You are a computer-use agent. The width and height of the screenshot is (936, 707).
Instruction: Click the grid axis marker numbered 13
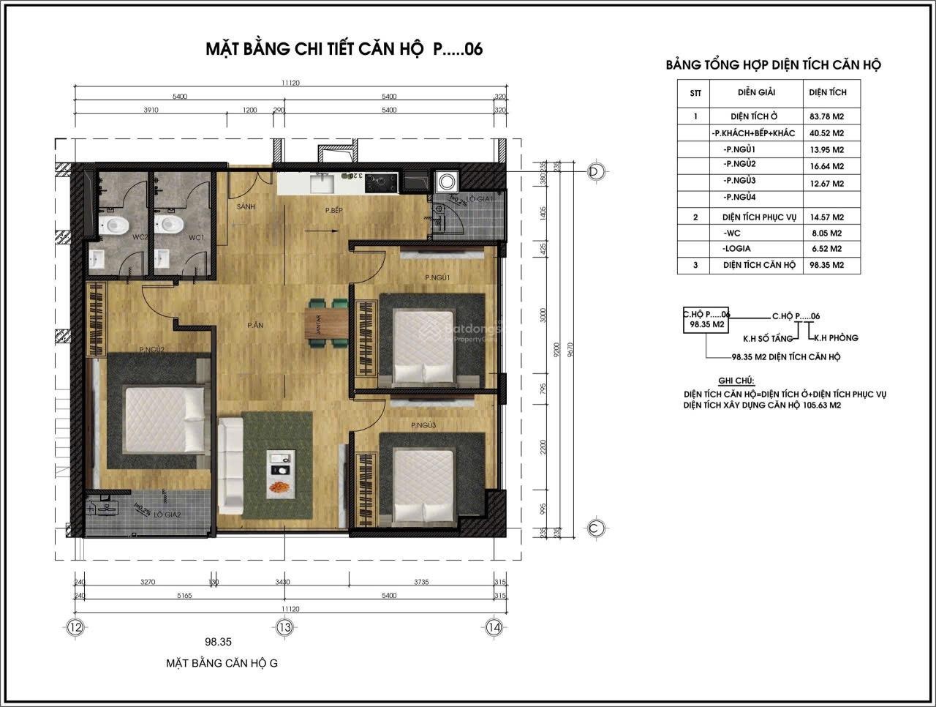click(x=284, y=627)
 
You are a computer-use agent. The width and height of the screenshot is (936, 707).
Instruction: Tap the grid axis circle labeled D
click(x=597, y=171)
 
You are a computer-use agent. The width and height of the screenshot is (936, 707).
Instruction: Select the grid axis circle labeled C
click(x=596, y=528)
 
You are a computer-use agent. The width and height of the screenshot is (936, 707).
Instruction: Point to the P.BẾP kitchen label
click(x=334, y=211)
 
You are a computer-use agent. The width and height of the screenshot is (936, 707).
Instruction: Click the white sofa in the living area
click(x=230, y=465)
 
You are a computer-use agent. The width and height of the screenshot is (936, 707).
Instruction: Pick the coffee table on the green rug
click(x=280, y=472)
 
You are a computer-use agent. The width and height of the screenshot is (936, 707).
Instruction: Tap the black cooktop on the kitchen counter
click(x=381, y=181)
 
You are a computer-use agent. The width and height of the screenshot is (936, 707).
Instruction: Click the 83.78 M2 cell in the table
click(x=826, y=116)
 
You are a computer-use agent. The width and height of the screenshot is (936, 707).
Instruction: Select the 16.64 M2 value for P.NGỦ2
click(x=826, y=166)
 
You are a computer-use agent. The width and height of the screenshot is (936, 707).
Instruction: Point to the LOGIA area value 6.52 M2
click(x=826, y=249)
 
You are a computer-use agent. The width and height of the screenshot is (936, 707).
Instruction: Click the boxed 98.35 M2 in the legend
click(x=707, y=324)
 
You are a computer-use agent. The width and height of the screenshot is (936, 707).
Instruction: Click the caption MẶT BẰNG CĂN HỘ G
click(x=222, y=663)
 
